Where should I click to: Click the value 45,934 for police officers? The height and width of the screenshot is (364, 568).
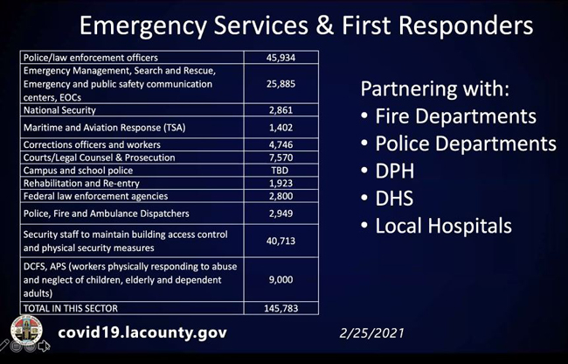tap(281, 58)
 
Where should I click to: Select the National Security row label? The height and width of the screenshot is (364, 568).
tap(59, 110)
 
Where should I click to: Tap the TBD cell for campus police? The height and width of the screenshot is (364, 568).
tap(280, 171)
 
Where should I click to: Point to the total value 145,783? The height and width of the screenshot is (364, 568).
tap(281, 309)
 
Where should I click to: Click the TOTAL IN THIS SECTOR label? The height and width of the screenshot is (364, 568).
tap(71, 309)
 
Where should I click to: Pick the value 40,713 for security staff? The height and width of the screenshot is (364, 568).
tap(281, 241)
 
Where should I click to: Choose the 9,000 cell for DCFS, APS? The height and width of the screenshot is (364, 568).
tap(281, 279)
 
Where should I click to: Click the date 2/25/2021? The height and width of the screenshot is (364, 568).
tap(371, 333)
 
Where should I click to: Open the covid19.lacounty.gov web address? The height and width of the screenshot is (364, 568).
tap(142, 332)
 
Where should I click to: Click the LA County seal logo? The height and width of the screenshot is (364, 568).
tap(26, 330)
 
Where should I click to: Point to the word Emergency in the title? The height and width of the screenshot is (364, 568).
tap(143, 26)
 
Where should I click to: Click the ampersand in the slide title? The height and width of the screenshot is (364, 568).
tap(325, 25)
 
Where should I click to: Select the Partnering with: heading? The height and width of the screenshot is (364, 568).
tap(435, 89)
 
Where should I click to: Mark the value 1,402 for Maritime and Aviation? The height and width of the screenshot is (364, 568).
tap(281, 128)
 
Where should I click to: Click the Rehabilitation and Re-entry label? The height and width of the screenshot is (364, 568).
tap(81, 184)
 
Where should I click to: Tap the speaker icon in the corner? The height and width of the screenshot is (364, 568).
tap(44, 346)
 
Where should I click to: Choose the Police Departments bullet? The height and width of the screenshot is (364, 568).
tap(466, 143)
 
